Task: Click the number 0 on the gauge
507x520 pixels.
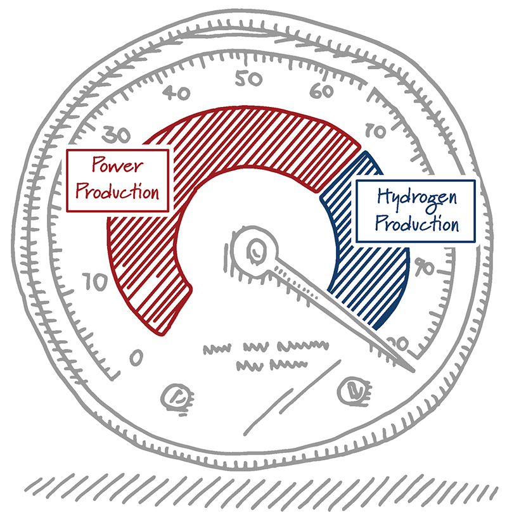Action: pyautogui.click(x=136, y=358)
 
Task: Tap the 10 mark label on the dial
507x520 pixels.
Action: pyautogui.click(x=95, y=282)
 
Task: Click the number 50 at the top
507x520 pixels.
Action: pyautogui.click(x=249, y=79)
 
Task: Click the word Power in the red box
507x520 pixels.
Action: pyautogui.click(x=117, y=167)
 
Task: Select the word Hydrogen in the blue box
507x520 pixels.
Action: pyautogui.click(x=415, y=199)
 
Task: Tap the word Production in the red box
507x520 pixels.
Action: pyautogui.click(x=117, y=192)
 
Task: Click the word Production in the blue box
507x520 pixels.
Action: pyautogui.click(x=415, y=224)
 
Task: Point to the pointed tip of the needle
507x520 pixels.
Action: pyautogui.click(x=413, y=369)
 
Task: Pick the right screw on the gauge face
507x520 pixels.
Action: pyautogui.click(x=353, y=389)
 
